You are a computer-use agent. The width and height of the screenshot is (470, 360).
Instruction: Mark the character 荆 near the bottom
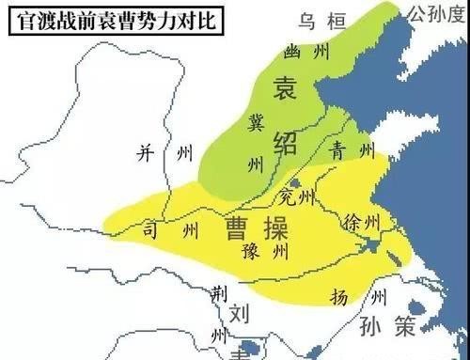coord(218,294)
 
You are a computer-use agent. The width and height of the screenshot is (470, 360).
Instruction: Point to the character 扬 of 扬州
coord(340,296)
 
